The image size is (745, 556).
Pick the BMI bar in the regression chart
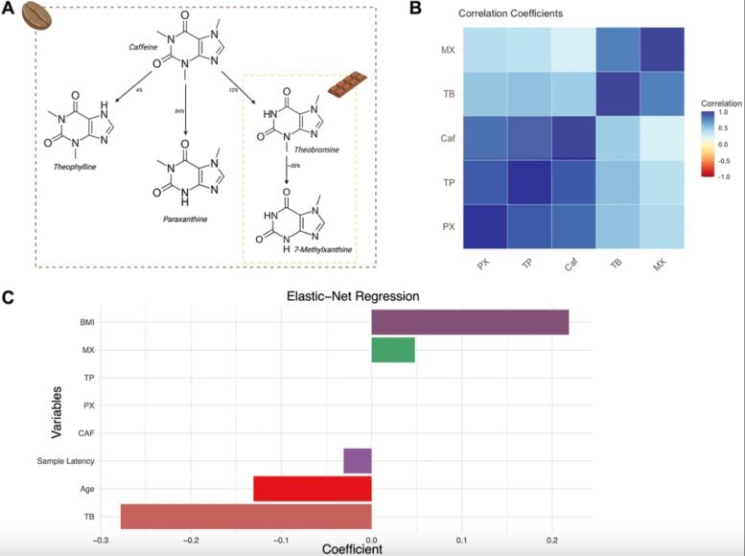[470, 323]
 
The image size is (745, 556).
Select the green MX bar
[393, 351]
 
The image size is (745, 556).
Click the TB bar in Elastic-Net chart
[245, 516]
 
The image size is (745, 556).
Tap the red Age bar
[312, 488]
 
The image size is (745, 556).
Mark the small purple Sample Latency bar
[358, 461]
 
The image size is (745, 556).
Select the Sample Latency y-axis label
[64, 462]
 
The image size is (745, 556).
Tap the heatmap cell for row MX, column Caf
[573, 49]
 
